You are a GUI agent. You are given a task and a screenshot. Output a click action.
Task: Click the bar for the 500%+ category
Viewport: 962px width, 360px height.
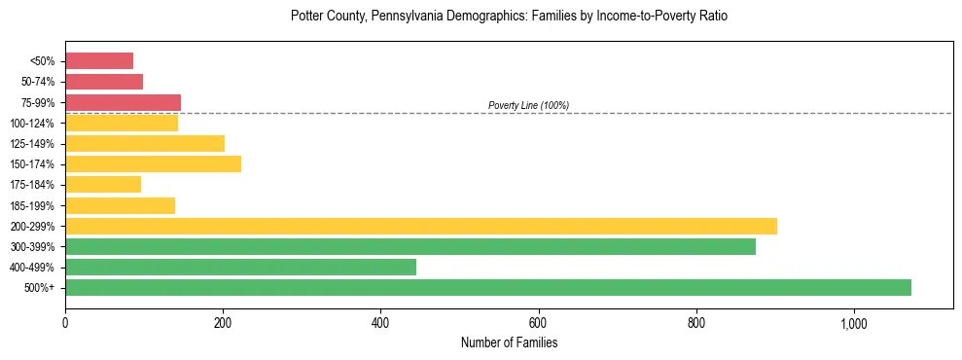pyautogui.click(x=488, y=287)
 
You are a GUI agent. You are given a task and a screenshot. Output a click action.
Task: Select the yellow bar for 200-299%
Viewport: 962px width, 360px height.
pyautogui.click(x=421, y=226)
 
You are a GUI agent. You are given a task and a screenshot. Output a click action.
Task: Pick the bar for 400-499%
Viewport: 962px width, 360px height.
pyautogui.click(x=240, y=267)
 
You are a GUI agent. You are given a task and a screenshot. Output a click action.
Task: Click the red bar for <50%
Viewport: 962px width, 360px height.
pyautogui.click(x=99, y=61)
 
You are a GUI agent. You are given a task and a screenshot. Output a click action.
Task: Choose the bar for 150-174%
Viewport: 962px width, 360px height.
pyautogui.click(x=153, y=163)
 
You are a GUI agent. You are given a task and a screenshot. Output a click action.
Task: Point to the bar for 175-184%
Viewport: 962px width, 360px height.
pyautogui.click(x=103, y=184)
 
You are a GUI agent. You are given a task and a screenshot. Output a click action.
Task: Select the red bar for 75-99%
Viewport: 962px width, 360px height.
pyautogui.click(x=123, y=102)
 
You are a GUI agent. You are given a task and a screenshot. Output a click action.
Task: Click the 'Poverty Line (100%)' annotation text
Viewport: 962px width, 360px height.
pyautogui.click(x=528, y=105)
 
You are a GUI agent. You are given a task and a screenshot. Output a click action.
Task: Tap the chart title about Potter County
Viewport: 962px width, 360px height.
pyautogui.click(x=509, y=17)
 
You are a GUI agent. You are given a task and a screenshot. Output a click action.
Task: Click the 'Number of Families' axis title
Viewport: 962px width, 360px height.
pyautogui.click(x=509, y=342)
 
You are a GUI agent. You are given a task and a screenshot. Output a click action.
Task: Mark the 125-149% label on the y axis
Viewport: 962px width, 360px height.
pyautogui.click(x=32, y=144)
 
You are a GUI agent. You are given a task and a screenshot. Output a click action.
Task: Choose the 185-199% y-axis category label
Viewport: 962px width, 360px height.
pyautogui.click(x=32, y=205)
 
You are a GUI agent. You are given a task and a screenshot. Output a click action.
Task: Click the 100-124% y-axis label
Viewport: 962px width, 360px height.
pyautogui.click(x=32, y=124)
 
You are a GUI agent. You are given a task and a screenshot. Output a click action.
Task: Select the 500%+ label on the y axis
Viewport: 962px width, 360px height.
pyautogui.click(x=39, y=288)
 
